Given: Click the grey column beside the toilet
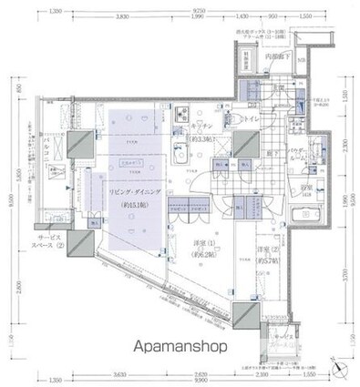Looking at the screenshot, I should point(243,144).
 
